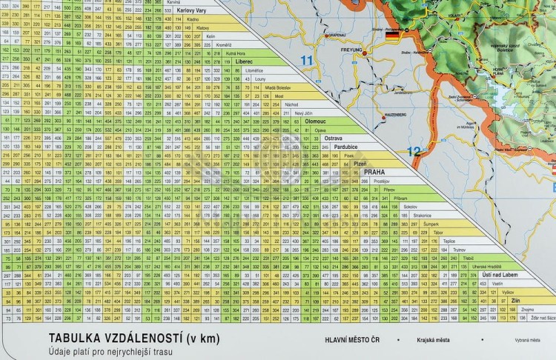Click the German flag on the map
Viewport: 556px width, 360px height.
pyautogui.click(x=391, y=33)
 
